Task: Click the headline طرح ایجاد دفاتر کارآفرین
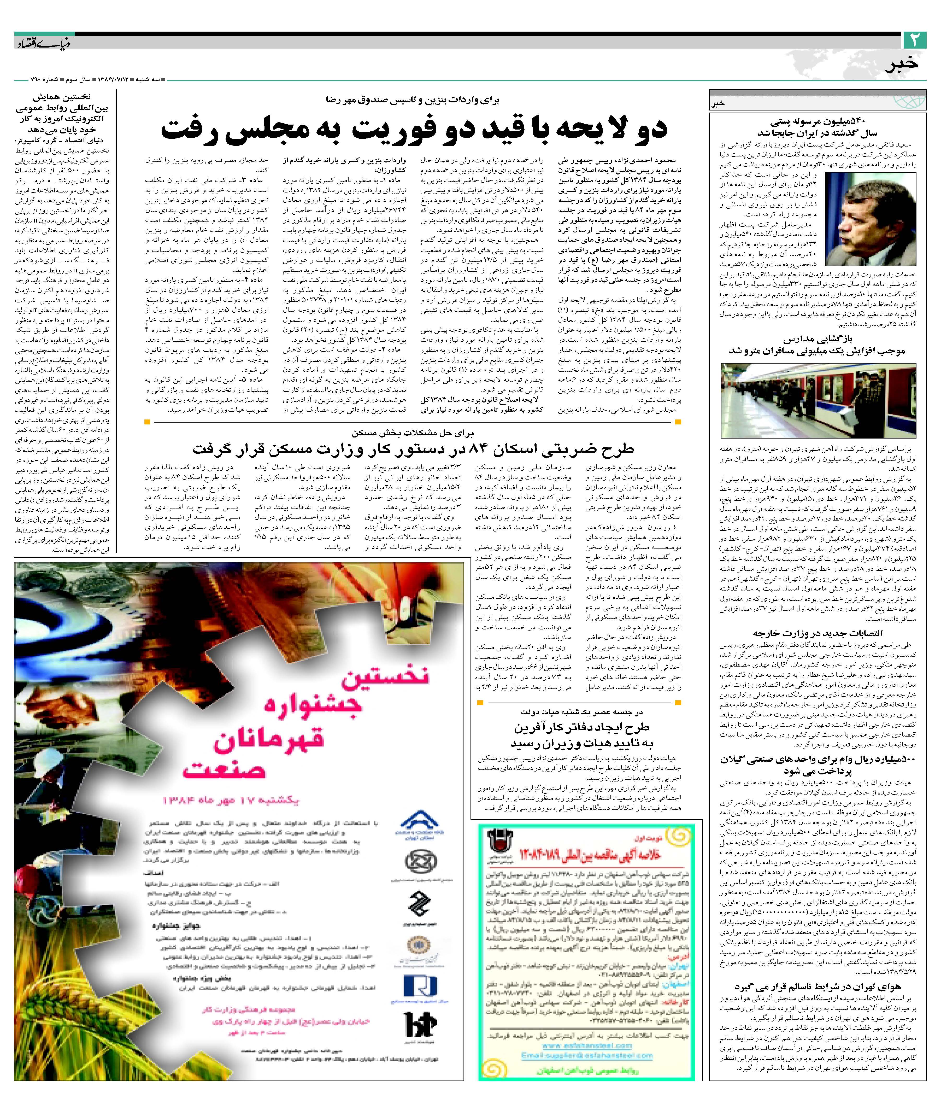tap(581, 735)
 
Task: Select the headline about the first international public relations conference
tap(61, 113)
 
